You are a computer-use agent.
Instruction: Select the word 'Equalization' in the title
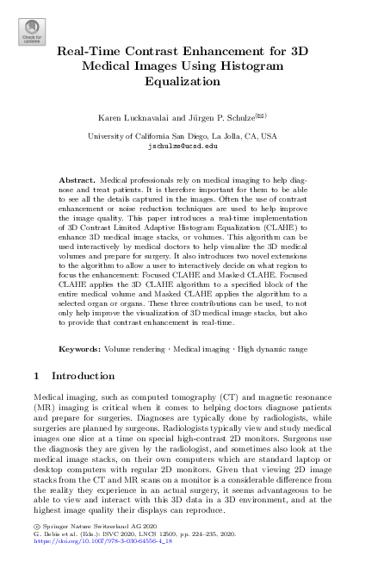click(189, 82)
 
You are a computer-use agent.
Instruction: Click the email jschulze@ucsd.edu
click(189, 146)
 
